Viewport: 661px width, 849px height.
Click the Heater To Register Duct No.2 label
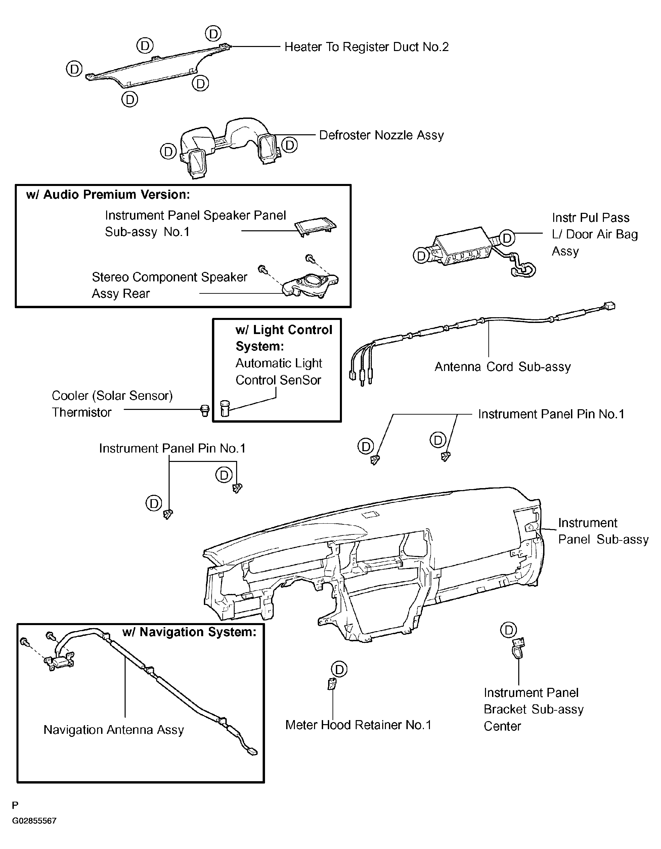[x=366, y=47]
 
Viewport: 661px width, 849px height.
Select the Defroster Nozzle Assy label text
[x=381, y=135]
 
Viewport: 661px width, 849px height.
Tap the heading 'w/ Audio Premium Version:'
[x=108, y=194]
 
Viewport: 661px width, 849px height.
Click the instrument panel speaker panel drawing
[x=315, y=226]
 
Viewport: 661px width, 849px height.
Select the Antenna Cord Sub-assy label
[x=502, y=367]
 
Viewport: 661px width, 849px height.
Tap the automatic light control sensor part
[x=225, y=409]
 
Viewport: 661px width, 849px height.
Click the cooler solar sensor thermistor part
[x=204, y=410]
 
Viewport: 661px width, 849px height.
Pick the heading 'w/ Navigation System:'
[x=189, y=632]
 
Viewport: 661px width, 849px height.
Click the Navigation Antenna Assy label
[x=114, y=730]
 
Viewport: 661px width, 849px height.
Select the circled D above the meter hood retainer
[x=339, y=669]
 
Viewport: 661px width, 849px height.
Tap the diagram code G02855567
[x=34, y=821]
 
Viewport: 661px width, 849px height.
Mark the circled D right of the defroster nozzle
[x=289, y=145]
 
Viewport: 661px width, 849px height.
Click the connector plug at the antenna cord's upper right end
[x=609, y=306]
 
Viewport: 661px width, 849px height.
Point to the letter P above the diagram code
[x=15, y=805]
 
